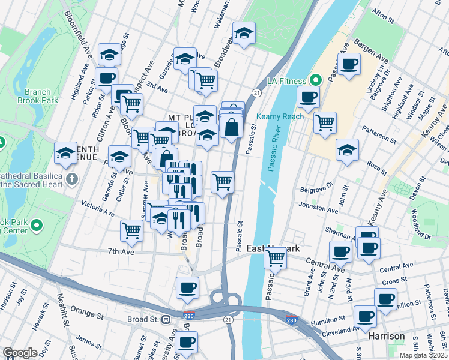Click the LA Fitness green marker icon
click(x=314, y=80)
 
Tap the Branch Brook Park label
click(x=41, y=96)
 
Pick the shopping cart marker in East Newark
click(x=275, y=259)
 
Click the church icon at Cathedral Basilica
click(x=71, y=178)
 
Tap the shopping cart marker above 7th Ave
click(x=131, y=230)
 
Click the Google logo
click(x=20, y=353)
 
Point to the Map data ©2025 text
click(x=424, y=355)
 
